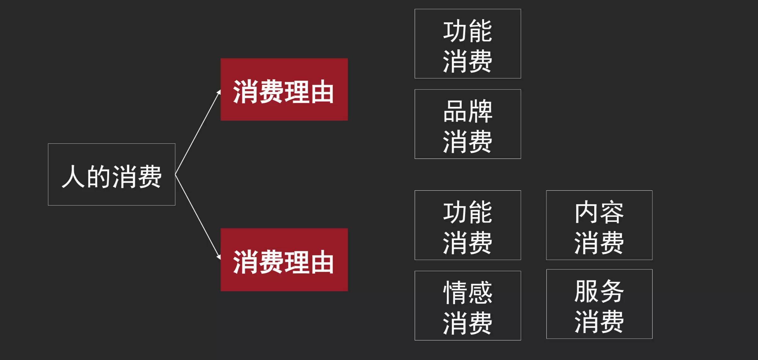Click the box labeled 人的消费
coord(112,174)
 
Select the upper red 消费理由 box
coord(284,89)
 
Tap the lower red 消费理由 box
coord(284,259)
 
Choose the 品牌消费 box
coord(468,124)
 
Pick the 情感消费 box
coord(468,305)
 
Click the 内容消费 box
coord(599,225)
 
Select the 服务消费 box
coord(599,304)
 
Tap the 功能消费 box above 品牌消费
coord(468,44)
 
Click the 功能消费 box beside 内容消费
coord(468,225)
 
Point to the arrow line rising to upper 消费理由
coord(198,132)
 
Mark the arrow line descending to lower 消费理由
coord(198,217)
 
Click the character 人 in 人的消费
coord(73,176)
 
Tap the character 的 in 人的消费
coord(99,176)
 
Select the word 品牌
coord(468,111)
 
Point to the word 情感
coord(468,293)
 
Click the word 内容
coord(599,212)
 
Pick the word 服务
coord(599,291)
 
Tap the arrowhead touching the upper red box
coord(219,92)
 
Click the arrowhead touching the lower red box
coord(219,257)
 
